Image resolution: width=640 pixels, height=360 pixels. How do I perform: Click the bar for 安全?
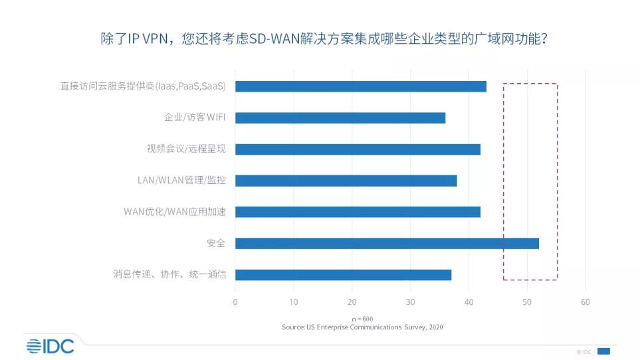coord(387,243)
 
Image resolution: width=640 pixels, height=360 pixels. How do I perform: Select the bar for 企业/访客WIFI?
coord(340,118)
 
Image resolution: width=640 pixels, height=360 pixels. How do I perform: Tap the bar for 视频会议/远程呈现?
coord(358,149)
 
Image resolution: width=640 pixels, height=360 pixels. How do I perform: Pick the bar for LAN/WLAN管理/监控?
coord(346,181)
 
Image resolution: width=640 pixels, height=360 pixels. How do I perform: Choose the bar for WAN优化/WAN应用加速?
coord(358,212)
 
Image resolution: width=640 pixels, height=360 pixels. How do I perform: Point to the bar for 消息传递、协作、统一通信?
coord(343,275)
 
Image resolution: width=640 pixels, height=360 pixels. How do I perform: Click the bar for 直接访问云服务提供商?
coord(361,86)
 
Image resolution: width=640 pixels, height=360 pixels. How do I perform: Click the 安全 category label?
coord(216,243)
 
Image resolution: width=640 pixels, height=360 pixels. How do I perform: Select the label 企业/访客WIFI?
coord(195,118)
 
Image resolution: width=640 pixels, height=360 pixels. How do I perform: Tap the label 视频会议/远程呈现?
coord(186,149)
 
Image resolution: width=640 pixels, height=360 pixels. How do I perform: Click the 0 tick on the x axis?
coord(235,302)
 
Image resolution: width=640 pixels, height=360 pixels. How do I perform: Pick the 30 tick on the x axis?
coord(410,302)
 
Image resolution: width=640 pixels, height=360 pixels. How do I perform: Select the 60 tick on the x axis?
coord(586,302)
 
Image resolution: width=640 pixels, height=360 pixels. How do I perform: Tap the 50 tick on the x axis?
coord(527,302)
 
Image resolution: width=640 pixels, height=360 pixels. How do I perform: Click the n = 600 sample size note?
coord(363,319)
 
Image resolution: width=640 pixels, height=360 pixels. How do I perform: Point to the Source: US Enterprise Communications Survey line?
coord(362,327)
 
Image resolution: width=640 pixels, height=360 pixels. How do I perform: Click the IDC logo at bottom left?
coord(51,345)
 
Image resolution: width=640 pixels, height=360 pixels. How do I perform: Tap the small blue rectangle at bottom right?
coord(604,351)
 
